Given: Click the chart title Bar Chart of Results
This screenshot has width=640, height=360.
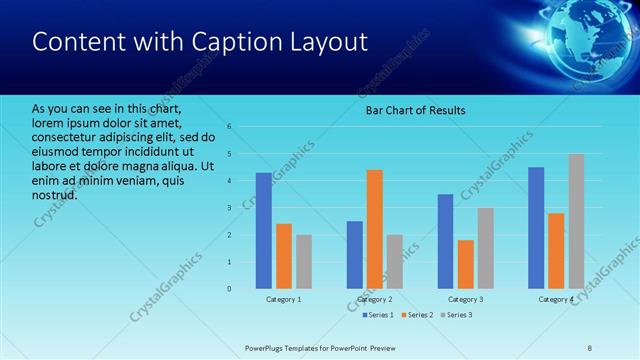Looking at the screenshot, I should [x=414, y=110].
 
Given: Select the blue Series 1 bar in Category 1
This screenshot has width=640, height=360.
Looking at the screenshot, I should [x=263, y=231].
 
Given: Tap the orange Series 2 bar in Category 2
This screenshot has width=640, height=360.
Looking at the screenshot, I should [x=375, y=229].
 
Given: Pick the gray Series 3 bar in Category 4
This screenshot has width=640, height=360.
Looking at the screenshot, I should [x=577, y=221].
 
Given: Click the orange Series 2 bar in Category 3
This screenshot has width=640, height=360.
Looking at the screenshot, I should [x=465, y=264].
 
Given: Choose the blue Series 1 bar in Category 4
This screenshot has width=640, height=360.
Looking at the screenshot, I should [x=536, y=228].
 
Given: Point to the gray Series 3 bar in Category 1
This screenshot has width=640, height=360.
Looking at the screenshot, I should [x=303, y=262].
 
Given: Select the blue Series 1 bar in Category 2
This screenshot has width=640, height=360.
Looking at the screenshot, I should [x=355, y=255].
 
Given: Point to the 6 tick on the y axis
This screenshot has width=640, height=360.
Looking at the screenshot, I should [x=229, y=127].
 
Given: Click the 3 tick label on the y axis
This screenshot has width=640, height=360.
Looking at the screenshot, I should [x=229, y=208].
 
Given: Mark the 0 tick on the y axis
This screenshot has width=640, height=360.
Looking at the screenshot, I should [x=229, y=289].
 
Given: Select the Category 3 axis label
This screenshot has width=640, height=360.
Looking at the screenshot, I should [x=465, y=300].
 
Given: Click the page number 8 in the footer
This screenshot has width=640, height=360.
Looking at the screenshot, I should [x=590, y=348].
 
